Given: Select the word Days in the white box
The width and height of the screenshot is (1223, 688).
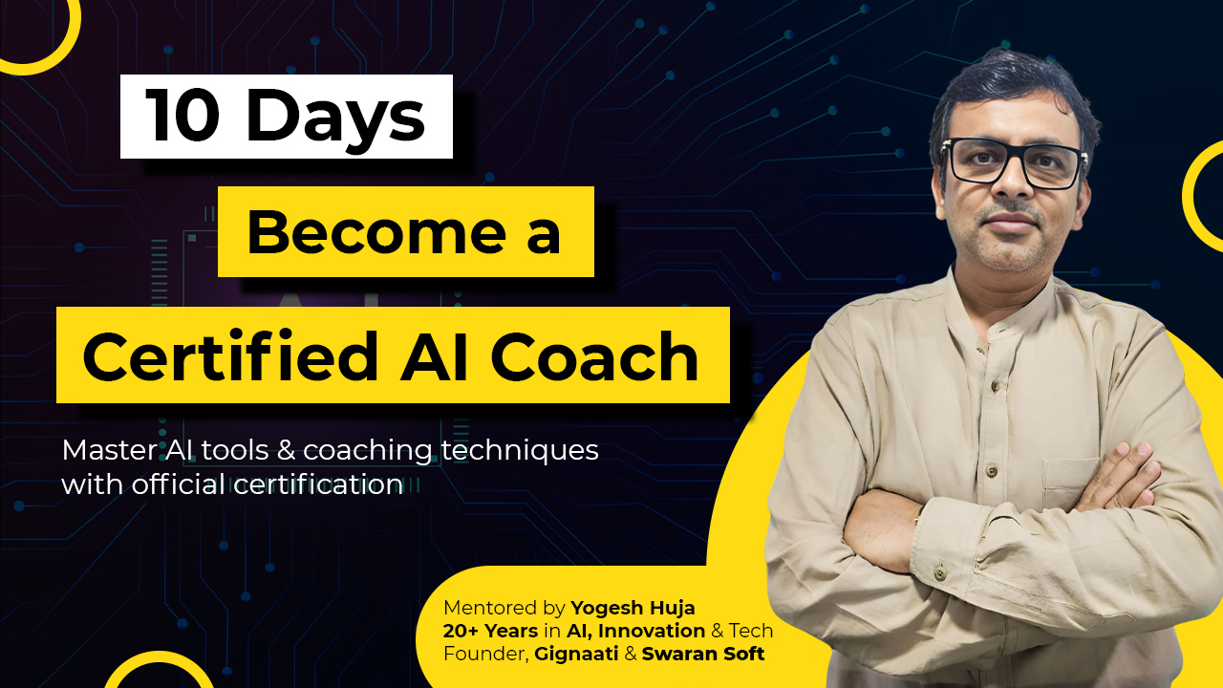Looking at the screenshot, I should [x=333, y=118].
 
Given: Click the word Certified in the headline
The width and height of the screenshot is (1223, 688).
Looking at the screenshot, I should [x=230, y=357].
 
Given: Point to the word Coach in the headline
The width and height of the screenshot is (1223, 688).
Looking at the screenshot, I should [x=594, y=357].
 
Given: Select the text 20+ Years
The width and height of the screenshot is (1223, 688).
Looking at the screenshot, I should [x=489, y=631].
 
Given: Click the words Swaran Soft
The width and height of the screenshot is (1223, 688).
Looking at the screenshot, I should [x=703, y=654].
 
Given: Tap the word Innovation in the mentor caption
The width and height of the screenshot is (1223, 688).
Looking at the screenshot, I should [x=652, y=631].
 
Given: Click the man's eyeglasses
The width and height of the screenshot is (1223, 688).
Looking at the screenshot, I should [x=1015, y=163].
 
